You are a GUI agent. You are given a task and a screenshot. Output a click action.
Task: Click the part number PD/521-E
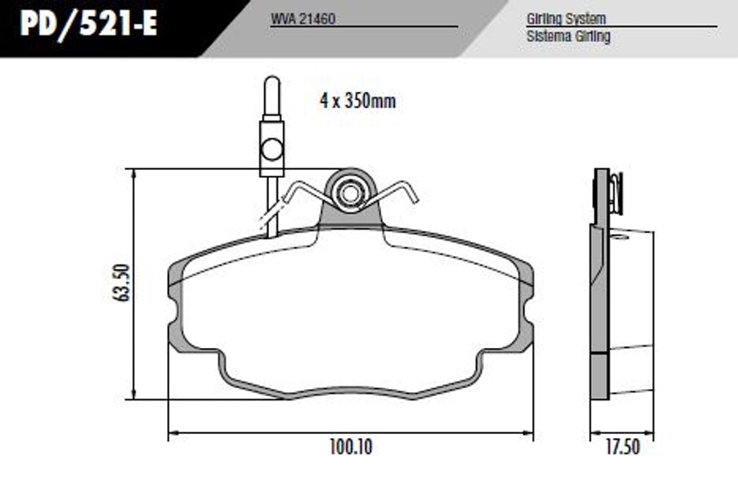point(89,24)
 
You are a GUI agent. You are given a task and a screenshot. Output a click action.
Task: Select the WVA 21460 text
point(303,19)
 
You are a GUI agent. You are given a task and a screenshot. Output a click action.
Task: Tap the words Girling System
point(566,19)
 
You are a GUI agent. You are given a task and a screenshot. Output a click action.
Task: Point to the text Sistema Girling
point(568,36)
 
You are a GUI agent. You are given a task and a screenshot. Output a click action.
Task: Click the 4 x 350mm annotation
point(358,100)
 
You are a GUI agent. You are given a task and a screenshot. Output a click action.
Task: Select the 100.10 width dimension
point(351,446)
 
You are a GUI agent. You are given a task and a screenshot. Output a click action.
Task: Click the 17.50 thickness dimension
point(622,446)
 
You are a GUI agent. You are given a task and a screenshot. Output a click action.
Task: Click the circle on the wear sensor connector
point(272,149)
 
